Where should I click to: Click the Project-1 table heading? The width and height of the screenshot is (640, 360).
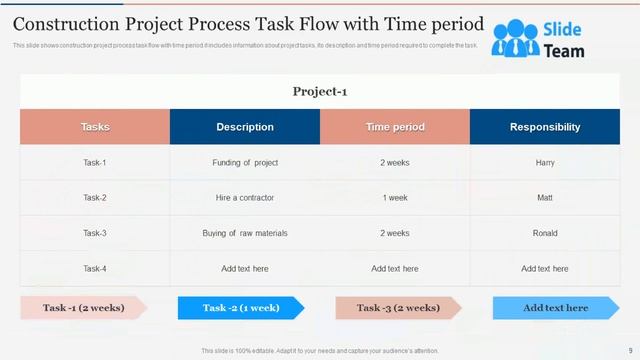(319, 92)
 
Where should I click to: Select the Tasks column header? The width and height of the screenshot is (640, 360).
(95, 127)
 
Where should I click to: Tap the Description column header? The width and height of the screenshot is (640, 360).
(245, 127)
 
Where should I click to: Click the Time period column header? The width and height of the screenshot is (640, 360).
(395, 127)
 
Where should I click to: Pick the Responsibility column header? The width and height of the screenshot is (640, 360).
(545, 127)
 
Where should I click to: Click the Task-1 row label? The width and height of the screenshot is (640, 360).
(95, 162)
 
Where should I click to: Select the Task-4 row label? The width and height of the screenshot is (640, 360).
(95, 268)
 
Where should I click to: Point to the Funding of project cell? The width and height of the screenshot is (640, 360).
(245, 162)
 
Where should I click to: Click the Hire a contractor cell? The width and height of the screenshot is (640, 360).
(245, 198)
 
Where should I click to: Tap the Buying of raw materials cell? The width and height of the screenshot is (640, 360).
(245, 233)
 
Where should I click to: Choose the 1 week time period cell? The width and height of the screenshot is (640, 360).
(395, 198)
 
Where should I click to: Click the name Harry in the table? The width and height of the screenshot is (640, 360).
(545, 162)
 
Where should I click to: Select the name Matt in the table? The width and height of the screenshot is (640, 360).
(545, 198)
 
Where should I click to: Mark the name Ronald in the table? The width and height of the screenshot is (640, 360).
(545, 233)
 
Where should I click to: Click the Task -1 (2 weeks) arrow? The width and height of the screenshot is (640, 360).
(82, 308)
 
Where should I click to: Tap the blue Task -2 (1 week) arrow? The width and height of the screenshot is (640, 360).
(240, 308)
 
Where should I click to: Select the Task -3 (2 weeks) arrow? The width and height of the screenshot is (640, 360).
(397, 308)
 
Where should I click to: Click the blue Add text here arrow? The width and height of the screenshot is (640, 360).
(555, 308)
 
